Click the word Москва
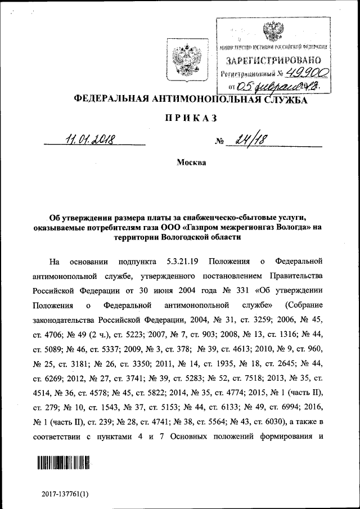coord(191,163)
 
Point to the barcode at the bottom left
coord(63,464)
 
